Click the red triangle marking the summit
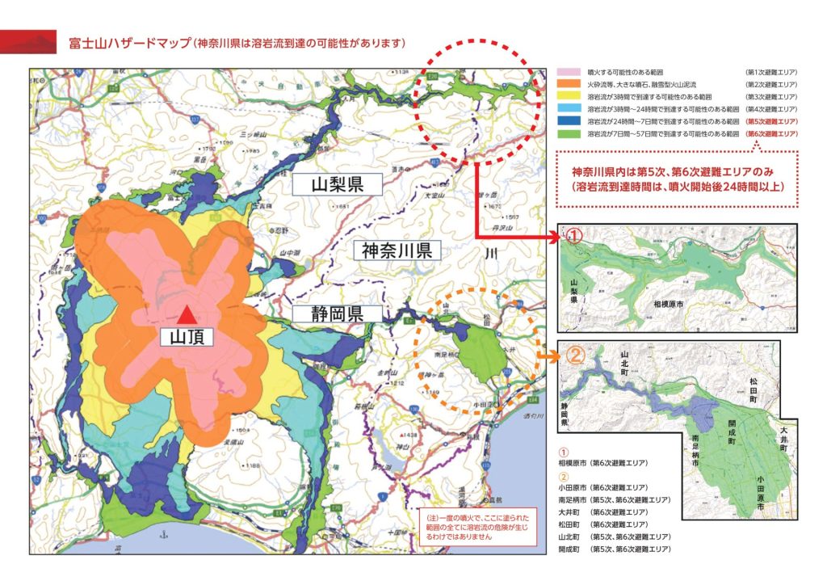click(187, 314)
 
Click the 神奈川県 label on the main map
click(397, 250)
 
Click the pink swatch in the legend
click(569, 73)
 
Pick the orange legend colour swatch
click(569, 85)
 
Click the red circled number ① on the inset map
click(573, 237)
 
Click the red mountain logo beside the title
click(29, 41)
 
